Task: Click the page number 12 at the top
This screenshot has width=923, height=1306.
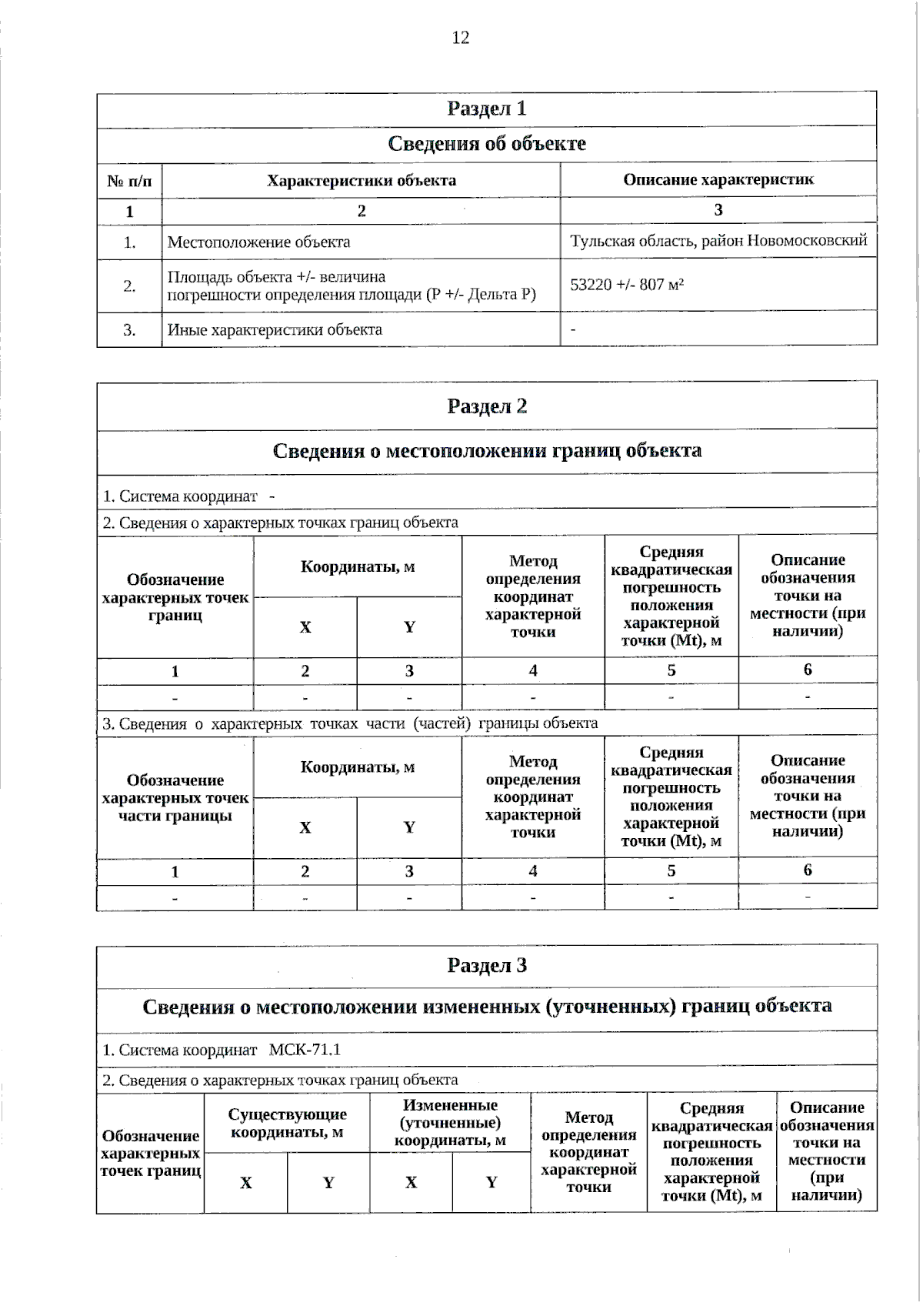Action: pos(460,38)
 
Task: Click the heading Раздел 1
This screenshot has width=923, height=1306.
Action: pos(486,109)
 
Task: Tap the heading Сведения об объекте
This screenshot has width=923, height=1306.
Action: pos(486,144)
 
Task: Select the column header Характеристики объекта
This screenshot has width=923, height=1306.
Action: pos(361,181)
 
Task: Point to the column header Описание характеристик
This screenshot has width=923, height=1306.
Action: pos(718,180)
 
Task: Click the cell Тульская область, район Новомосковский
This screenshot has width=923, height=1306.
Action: pos(718,241)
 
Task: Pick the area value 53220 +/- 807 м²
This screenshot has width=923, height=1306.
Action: pos(627,285)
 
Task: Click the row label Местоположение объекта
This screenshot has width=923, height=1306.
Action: pos(258,242)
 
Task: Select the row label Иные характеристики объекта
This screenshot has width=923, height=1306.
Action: pos(275,330)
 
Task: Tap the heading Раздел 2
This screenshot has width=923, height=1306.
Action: pos(486,406)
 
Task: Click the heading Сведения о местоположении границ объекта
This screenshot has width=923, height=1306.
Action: pos(486,451)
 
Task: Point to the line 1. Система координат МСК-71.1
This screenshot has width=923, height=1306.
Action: pos(222,1050)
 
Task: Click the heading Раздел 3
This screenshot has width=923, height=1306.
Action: pos(486,966)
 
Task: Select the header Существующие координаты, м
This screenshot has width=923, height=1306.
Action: pos(287,1123)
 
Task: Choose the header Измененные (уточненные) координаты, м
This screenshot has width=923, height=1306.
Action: pos(450,1123)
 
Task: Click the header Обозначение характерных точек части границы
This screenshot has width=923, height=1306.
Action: pos(175,798)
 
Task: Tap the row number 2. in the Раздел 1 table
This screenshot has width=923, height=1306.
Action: pos(129,286)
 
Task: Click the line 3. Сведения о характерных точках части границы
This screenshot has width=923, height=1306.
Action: pos(350,723)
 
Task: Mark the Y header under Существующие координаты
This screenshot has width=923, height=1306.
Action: pos(328,1183)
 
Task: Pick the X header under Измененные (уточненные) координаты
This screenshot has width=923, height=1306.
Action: pos(411,1183)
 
